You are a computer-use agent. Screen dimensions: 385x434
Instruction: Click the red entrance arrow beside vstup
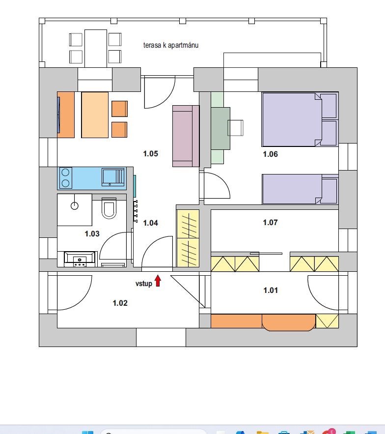pos(158,281)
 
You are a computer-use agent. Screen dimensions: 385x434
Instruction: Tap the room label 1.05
pos(150,154)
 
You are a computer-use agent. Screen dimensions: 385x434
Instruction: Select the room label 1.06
pos(270,154)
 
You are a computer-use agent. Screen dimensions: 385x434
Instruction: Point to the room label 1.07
pos(270,223)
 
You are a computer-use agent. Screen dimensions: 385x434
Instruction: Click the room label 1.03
pos(92,234)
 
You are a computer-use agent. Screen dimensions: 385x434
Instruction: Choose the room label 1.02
pos(120,303)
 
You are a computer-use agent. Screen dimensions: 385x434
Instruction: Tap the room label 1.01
pos(271,290)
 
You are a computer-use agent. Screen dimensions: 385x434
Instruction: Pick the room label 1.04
pos(150,223)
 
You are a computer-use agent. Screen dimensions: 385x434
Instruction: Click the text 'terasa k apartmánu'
pos(171,45)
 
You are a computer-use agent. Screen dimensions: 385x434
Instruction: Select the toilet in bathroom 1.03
pos(109,208)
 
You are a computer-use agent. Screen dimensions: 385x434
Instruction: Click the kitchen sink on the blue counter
pos(113,177)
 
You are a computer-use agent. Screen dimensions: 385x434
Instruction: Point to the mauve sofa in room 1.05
pos(186,136)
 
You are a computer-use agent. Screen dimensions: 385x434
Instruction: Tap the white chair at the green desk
pos(235,128)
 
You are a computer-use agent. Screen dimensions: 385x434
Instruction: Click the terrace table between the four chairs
pos(96,49)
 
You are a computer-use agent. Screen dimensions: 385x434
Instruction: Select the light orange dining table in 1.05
pos(95,115)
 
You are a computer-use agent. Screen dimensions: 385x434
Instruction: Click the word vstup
pos(144,284)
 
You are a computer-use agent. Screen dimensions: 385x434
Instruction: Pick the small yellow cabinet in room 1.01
pos(327,321)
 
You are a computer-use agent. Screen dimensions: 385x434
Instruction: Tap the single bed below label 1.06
pos(301,189)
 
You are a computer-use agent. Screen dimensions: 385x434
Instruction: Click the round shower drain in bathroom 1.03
pos(75,205)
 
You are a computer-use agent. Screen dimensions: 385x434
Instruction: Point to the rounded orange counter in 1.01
pos(289,322)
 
